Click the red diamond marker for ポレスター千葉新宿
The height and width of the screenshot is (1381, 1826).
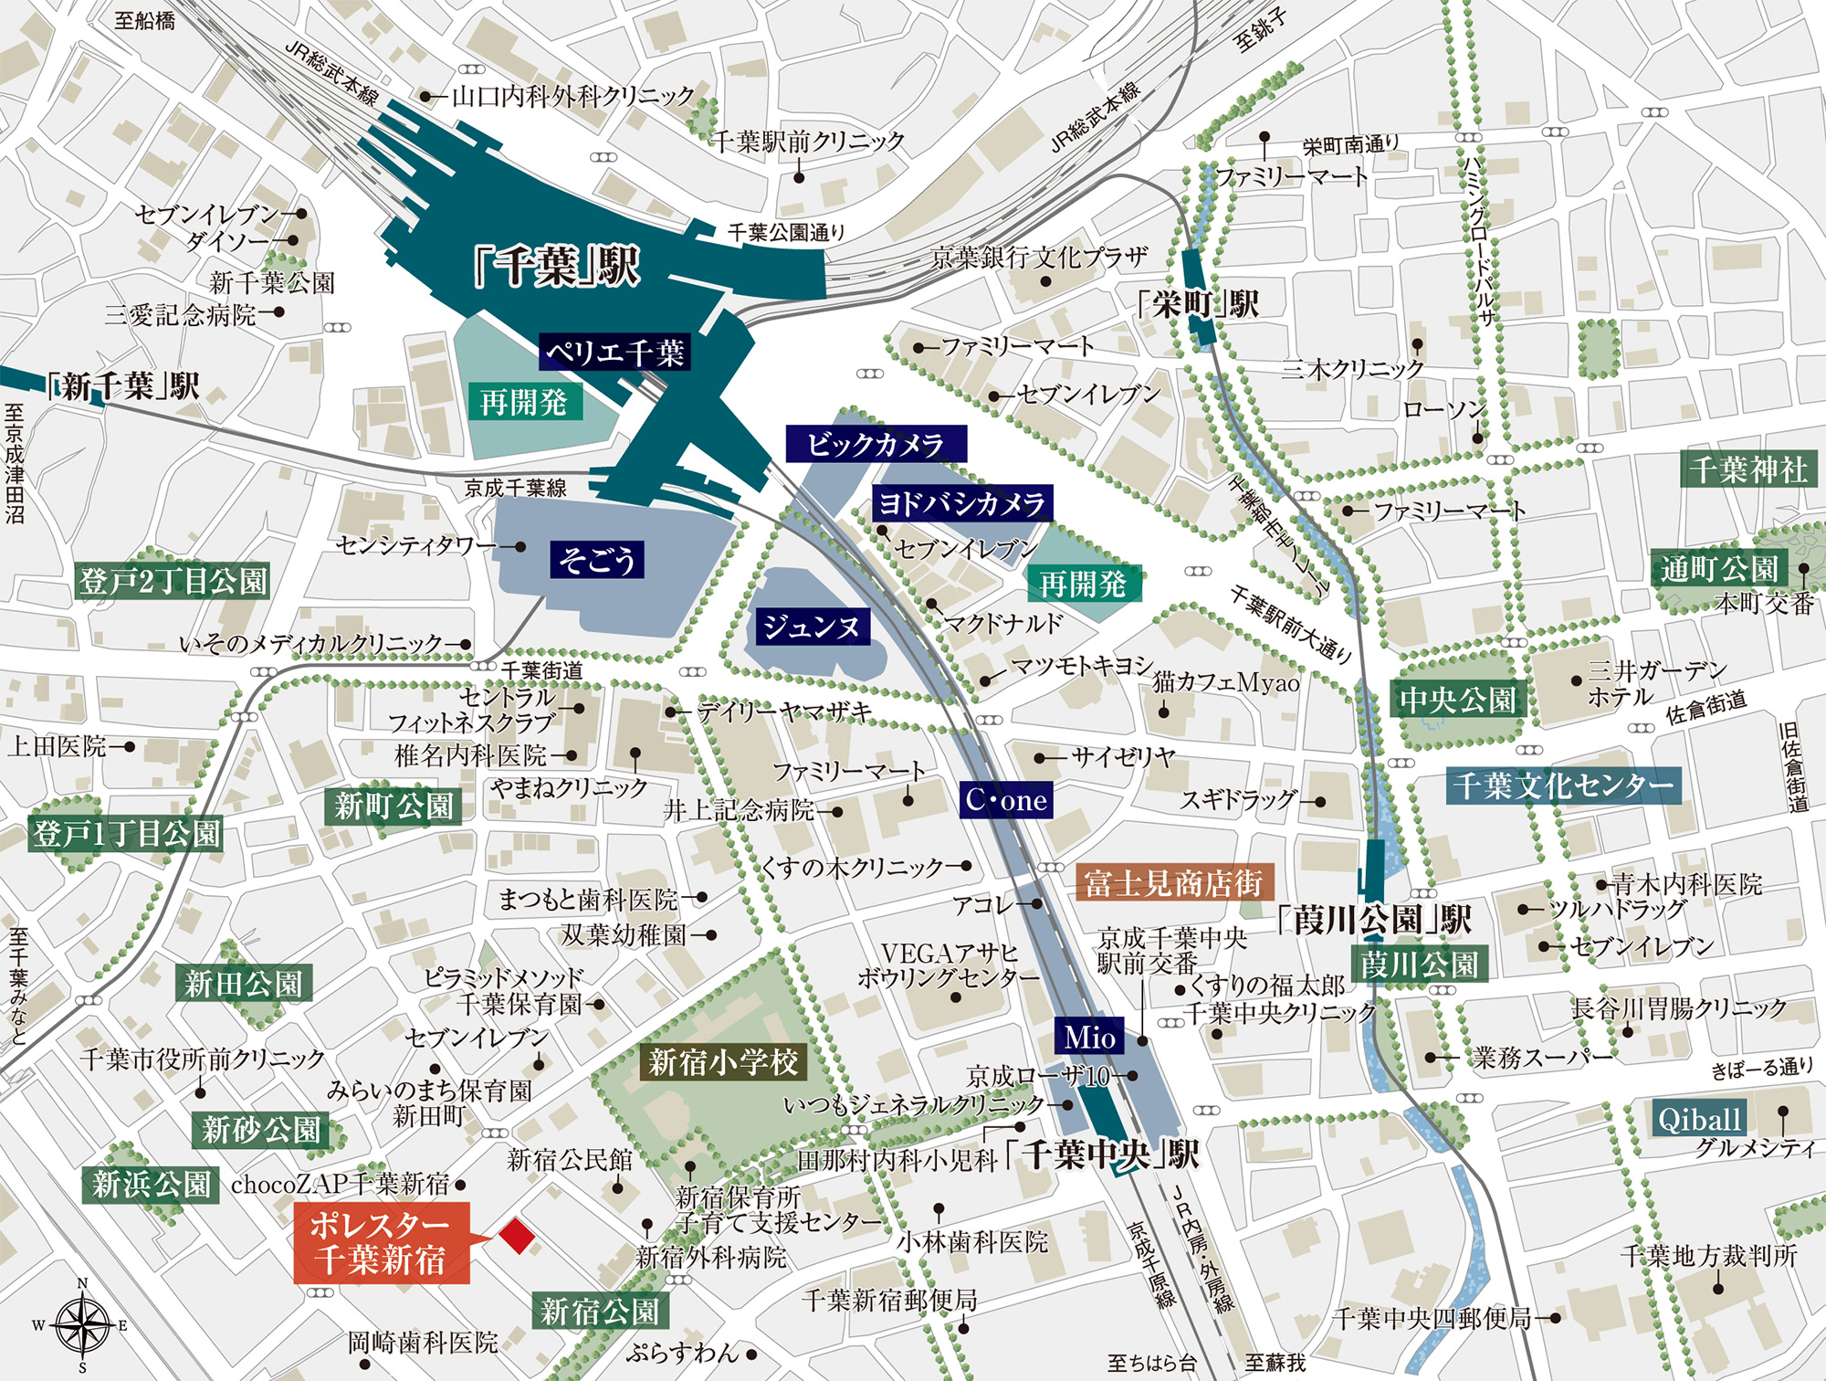(517, 1235)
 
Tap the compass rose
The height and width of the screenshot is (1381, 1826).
(81, 1325)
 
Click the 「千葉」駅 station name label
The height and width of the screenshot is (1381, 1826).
(558, 267)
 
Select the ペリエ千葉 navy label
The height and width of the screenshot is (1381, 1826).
(614, 352)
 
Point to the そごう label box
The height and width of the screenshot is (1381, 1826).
(597, 559)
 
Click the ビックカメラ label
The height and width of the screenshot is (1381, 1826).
(876, 444)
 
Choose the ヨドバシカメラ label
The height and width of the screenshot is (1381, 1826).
(961, 503)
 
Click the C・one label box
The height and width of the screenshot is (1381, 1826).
(1006, 800)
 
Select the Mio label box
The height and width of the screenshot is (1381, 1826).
(1088, 1037)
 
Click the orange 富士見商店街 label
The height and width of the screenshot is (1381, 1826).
(1174, 882)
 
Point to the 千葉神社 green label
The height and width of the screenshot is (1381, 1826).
(1747, 469)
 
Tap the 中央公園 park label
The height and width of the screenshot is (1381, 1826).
(1458, 700)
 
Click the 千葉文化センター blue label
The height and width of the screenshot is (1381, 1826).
(1563, 785)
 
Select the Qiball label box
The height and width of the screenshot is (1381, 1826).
(1699, 1119)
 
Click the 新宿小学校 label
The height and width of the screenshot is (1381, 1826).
(723, 1062)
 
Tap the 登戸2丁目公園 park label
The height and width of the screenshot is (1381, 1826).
(173, 580)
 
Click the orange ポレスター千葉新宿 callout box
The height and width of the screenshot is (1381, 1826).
(381, 1242)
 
